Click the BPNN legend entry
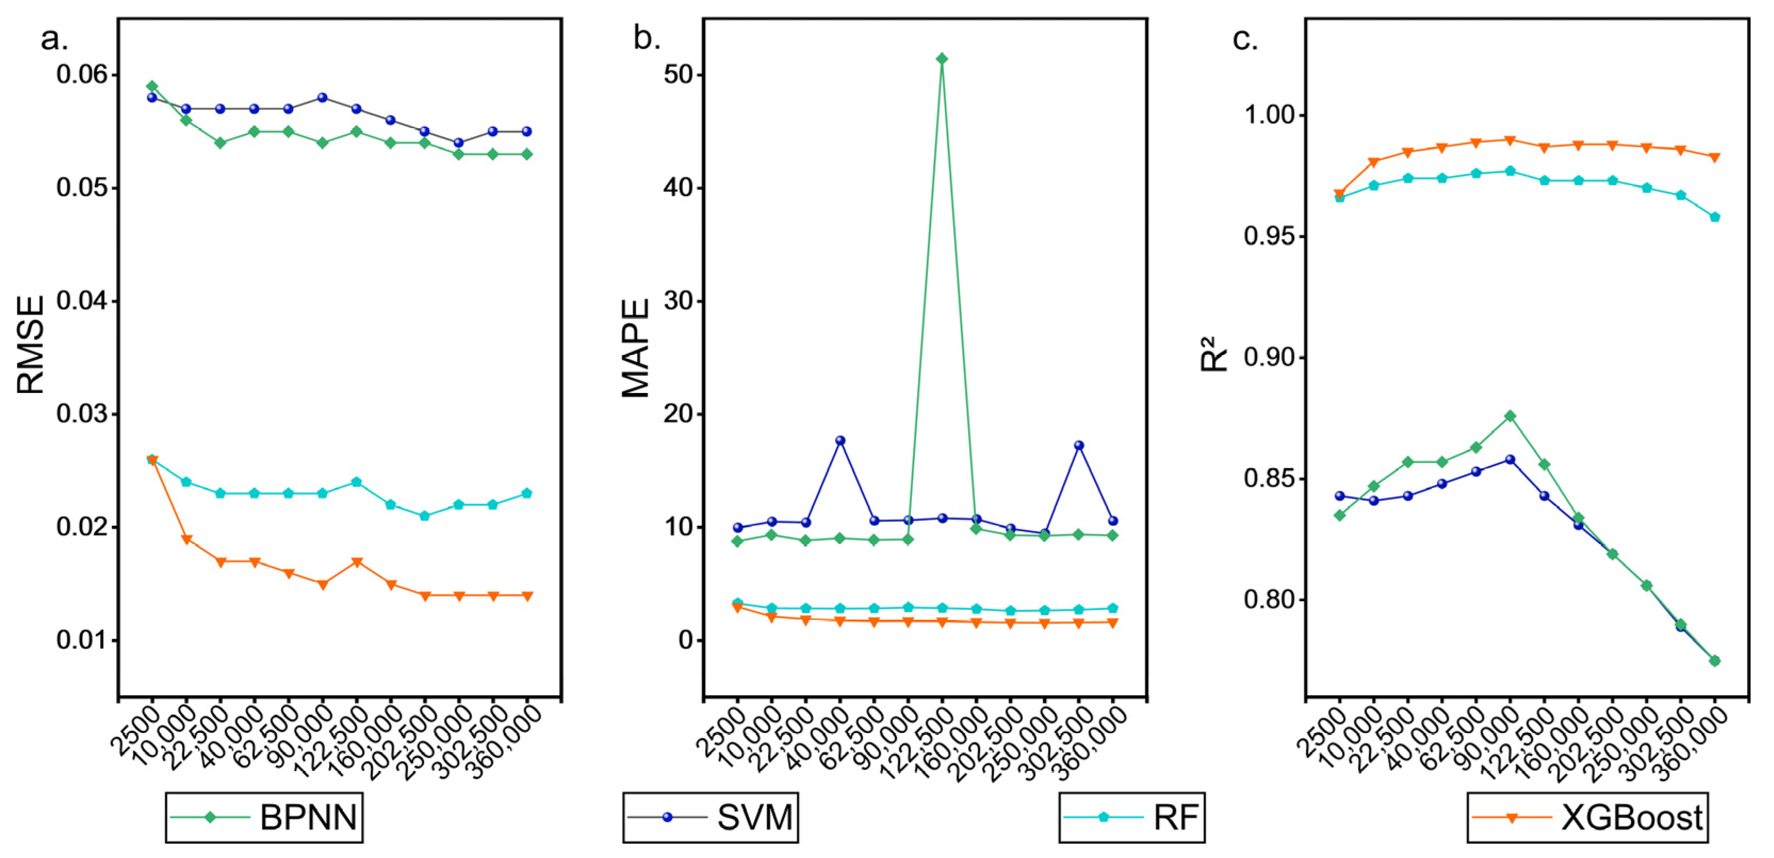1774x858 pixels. [264, 818]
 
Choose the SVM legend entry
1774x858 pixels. [710, 818]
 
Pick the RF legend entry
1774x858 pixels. [1132, 818]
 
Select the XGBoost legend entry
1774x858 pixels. [1588, 818]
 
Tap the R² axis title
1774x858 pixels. [1214, 354]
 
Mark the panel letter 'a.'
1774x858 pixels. [54, 39]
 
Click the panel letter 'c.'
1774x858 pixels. [1245, 39]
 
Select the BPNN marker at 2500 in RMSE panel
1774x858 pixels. [152, 86]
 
